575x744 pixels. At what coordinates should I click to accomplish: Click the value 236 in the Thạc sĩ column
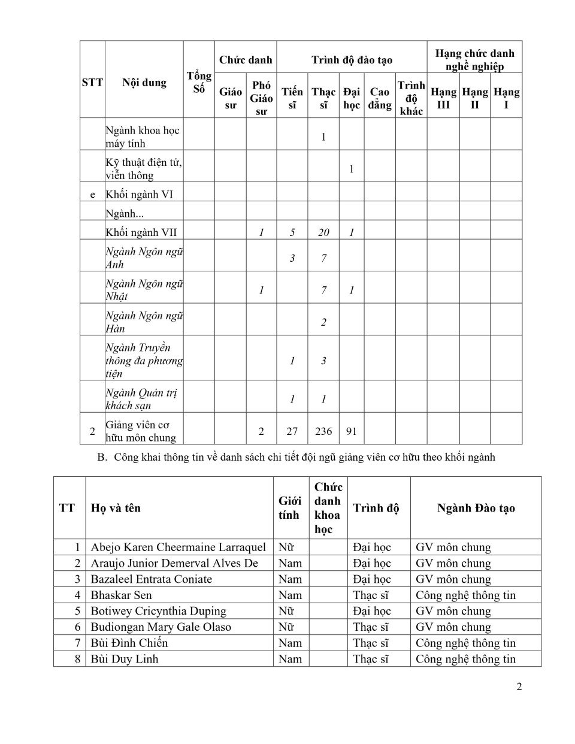click(323, 431)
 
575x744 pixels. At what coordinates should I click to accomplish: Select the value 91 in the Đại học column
click(352, 431)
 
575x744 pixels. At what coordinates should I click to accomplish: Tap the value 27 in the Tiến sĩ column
click(292, 431)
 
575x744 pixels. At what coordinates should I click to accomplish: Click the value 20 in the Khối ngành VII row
click(323, 232)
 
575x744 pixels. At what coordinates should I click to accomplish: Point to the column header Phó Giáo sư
click(261, 98)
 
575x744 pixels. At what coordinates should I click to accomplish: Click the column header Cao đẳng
click(380, 98)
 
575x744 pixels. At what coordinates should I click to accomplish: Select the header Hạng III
click(443, 98)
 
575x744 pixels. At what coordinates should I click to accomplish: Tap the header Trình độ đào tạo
click(352, 59)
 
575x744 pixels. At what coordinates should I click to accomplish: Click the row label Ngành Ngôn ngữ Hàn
click(144, 322)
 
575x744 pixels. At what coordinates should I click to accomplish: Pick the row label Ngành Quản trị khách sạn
click(141, 399)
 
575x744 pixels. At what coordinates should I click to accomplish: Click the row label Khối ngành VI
click(140, 194)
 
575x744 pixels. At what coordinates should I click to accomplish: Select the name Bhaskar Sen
click(121, 595)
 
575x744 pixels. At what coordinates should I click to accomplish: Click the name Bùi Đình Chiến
click(129, 643)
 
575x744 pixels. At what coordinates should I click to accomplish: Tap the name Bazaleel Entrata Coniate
click(151, 579)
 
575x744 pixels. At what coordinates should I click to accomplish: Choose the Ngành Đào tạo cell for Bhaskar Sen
click(465, 595)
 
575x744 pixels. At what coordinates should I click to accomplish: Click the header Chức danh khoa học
click(328, 508)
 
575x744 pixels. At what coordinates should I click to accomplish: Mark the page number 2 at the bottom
click(519, 686)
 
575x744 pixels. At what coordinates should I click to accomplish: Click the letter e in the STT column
click(92, 194)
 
